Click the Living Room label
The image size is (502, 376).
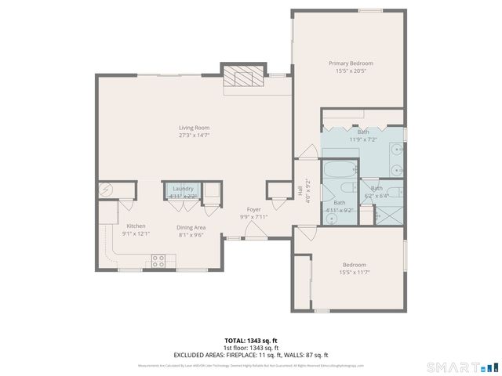194,128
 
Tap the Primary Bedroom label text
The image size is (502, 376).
351,63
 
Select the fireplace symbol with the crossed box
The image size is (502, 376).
236,77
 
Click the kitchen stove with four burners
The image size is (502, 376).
158,261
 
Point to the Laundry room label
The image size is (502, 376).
183,189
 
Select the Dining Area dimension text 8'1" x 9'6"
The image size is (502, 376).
191,233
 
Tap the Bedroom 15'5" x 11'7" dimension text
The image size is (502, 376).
353,273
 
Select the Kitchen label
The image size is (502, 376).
136,226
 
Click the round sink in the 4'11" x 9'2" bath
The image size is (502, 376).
331,219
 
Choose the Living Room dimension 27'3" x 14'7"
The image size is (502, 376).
194,135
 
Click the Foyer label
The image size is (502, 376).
253,209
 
